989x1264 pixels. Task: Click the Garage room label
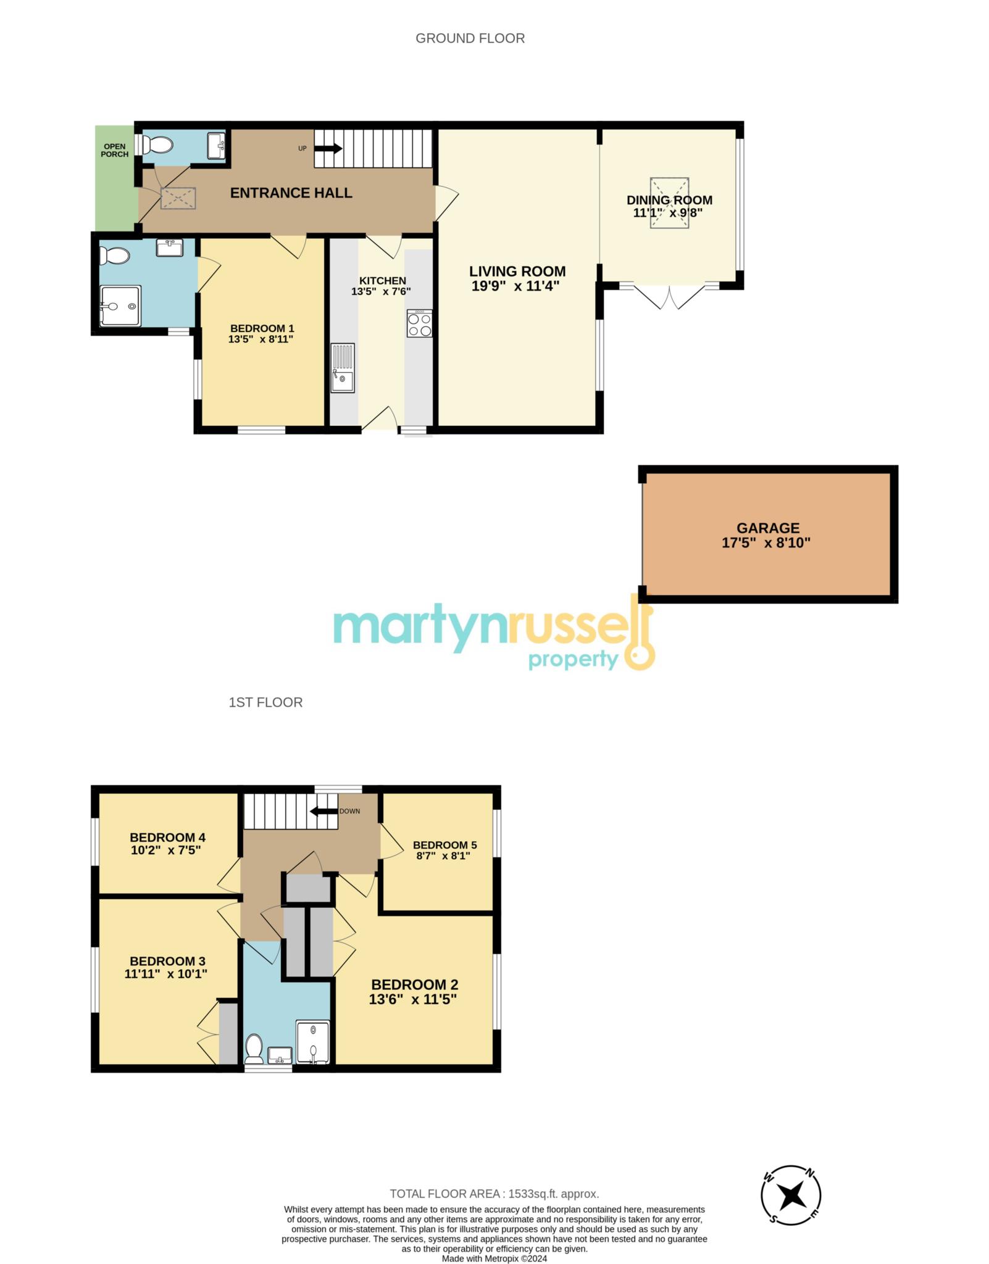(767, 528)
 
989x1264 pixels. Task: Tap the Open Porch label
(115, 150)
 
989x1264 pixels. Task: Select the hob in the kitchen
(420, 323)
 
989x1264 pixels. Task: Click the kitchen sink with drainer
(342, 368)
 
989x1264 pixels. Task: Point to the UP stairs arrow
(328, 149)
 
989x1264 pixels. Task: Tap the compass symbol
(791, 1195)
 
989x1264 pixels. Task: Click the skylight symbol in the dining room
(669, 203)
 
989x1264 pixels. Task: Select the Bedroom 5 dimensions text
(443, 855)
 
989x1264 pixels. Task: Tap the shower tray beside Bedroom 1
(120, 306)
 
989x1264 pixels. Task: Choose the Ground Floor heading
(470, 38)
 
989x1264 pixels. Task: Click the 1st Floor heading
(265, 702)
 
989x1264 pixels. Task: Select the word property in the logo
(574, 660)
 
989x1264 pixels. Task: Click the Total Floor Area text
(494, 1194)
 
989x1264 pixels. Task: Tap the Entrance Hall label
(291, 193)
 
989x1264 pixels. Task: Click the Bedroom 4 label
(167, 838)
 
